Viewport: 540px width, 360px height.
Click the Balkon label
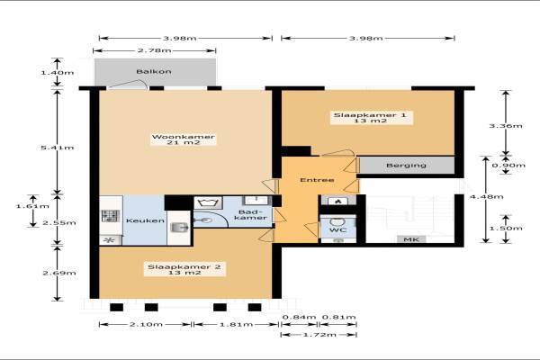154,72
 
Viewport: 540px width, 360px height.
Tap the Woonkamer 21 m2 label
184,139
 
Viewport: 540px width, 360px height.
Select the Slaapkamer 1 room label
370,118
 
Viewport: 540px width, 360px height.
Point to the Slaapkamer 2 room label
184,270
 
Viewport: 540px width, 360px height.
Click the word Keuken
145,220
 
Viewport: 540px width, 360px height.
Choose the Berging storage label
406,166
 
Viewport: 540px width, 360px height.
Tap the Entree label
317,180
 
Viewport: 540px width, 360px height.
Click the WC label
337,229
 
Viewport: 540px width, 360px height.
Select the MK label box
411,239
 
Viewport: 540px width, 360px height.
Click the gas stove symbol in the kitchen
111,216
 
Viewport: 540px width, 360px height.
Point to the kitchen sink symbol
179,227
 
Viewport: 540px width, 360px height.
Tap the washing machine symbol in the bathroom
208,202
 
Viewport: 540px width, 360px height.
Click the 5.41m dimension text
58,148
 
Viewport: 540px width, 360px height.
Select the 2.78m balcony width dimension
154,50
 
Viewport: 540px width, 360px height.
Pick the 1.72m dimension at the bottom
319,335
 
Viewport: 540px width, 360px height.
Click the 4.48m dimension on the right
486,197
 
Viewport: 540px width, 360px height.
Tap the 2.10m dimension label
146,324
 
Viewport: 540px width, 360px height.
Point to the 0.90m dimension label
508,166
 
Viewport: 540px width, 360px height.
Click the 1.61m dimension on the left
32,206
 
